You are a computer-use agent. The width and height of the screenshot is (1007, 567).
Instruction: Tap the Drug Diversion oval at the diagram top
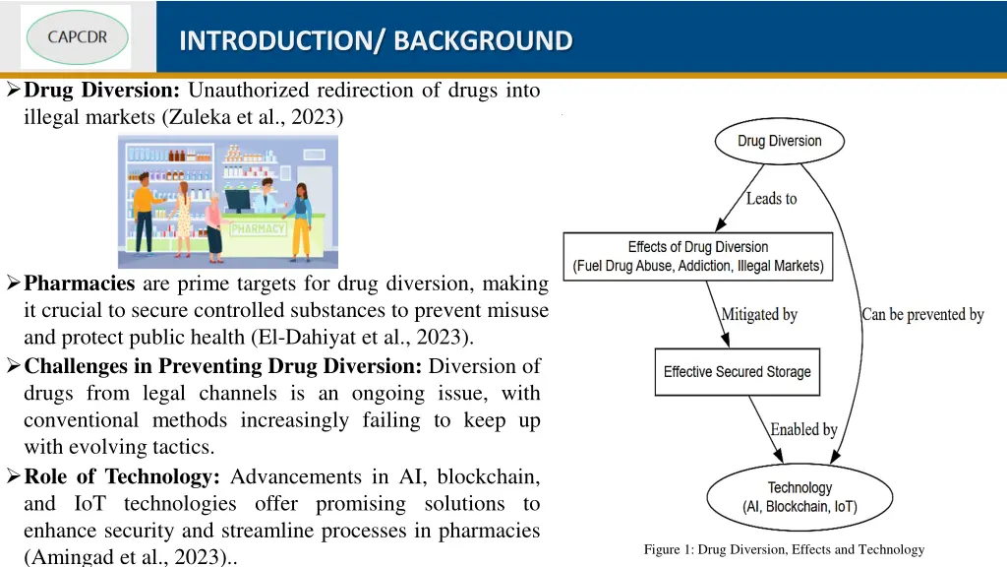coord(779,141)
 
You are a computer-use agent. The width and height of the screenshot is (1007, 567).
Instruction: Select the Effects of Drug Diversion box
coord(698,257)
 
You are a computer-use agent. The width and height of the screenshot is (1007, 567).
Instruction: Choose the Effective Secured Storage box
coord(737,371)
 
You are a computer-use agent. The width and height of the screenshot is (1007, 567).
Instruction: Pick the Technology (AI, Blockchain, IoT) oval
coord(799,497)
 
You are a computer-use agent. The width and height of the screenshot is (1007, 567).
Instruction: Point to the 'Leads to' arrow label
coord(771,199)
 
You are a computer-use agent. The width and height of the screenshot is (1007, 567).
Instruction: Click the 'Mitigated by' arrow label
coord(759,315)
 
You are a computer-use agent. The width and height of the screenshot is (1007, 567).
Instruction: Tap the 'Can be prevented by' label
coord(922,315)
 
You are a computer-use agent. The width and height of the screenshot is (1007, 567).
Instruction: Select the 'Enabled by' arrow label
coord(803,430)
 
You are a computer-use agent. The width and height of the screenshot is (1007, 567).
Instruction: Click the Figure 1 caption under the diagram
coord(784,549)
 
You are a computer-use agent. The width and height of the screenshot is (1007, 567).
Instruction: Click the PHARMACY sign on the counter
coord(258,228)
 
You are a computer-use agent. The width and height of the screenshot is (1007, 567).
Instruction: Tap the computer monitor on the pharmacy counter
coord(238,200)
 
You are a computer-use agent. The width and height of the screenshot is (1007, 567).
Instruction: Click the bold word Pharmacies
coord(79,284)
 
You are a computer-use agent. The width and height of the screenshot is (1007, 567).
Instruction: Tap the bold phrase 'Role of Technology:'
coord(122,477)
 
